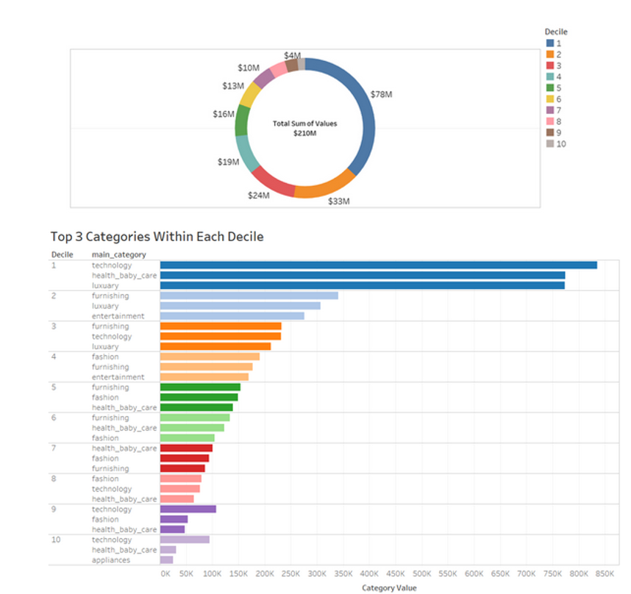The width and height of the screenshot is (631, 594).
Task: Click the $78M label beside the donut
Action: (x=382, y=95)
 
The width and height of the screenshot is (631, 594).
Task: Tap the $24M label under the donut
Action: (x=258, y=196)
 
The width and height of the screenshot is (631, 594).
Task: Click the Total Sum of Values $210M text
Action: (x=304, y=128)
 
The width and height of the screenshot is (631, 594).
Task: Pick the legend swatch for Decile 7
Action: (x=549, y=110)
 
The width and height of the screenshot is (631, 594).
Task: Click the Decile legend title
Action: (x=555, y=32)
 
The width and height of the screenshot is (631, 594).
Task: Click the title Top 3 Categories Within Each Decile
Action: (x=157, y=237)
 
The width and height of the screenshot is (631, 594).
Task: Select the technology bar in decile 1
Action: (x=378, y=265)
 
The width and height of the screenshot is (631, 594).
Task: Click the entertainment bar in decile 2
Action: (x=232, y=316)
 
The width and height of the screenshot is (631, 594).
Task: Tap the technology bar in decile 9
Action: (x=188, y=509)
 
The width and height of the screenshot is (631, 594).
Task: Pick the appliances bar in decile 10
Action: (x=166, y=560)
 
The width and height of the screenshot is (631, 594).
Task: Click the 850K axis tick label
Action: (x=605, y=573)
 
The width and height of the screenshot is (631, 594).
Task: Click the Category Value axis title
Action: (x=389, y=587)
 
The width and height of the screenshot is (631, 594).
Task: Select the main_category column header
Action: (x=118, y=254)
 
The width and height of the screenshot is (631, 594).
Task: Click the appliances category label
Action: (x=110, y=560)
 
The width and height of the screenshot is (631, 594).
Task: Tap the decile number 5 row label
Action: (x=54, y=387)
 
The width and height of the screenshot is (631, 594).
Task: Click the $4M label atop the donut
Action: (x=292, y=56)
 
